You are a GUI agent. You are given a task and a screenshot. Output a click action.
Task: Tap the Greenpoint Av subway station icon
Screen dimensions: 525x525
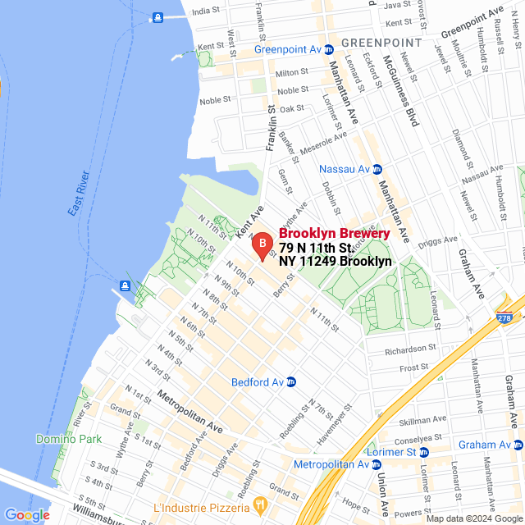pyautogui.click(x=329, y=49)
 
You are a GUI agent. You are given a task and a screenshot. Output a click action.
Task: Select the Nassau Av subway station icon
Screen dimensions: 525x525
pyautogui.click(x=377, y=169)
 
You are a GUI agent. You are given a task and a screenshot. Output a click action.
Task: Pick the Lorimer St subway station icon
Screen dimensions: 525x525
pyautogui.click(x=424, y=452)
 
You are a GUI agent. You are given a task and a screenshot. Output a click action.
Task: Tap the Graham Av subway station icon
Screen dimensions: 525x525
pyautogui.click(x=518, y=445)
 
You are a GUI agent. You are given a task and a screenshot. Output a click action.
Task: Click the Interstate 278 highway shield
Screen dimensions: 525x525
pyautogui.click(x=503, y=317)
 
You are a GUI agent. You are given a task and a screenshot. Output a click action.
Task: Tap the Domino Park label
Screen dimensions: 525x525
pyautogui.click(x=68, y=439)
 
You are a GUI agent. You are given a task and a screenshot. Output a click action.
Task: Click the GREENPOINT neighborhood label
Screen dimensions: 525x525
pyautogui.click(x=381, y=42)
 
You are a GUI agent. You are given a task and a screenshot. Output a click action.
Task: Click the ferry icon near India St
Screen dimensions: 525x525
pyautogui.click(x=156, y=16)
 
